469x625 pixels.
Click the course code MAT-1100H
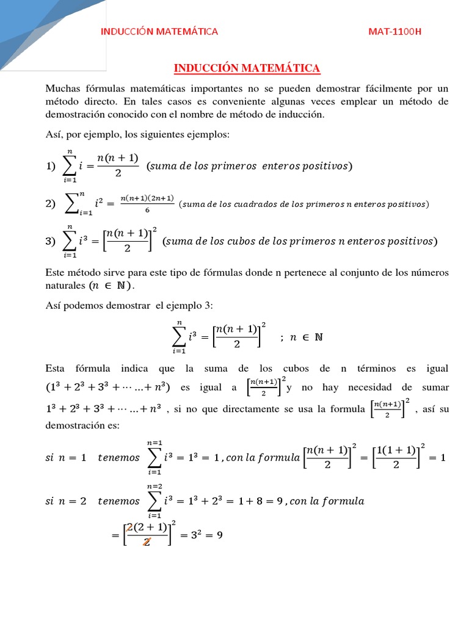pos(395,32)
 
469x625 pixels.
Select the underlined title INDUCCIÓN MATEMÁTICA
pos(247,68)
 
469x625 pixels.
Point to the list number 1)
pos(51,165)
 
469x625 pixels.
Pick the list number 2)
pos(51,204)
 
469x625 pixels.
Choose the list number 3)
pos(51,241)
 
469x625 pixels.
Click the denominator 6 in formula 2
pos(147,209)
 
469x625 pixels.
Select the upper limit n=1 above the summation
pos(154,442)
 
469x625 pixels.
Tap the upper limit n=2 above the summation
pos(154,486)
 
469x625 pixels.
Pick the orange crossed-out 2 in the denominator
pos(147,541)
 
